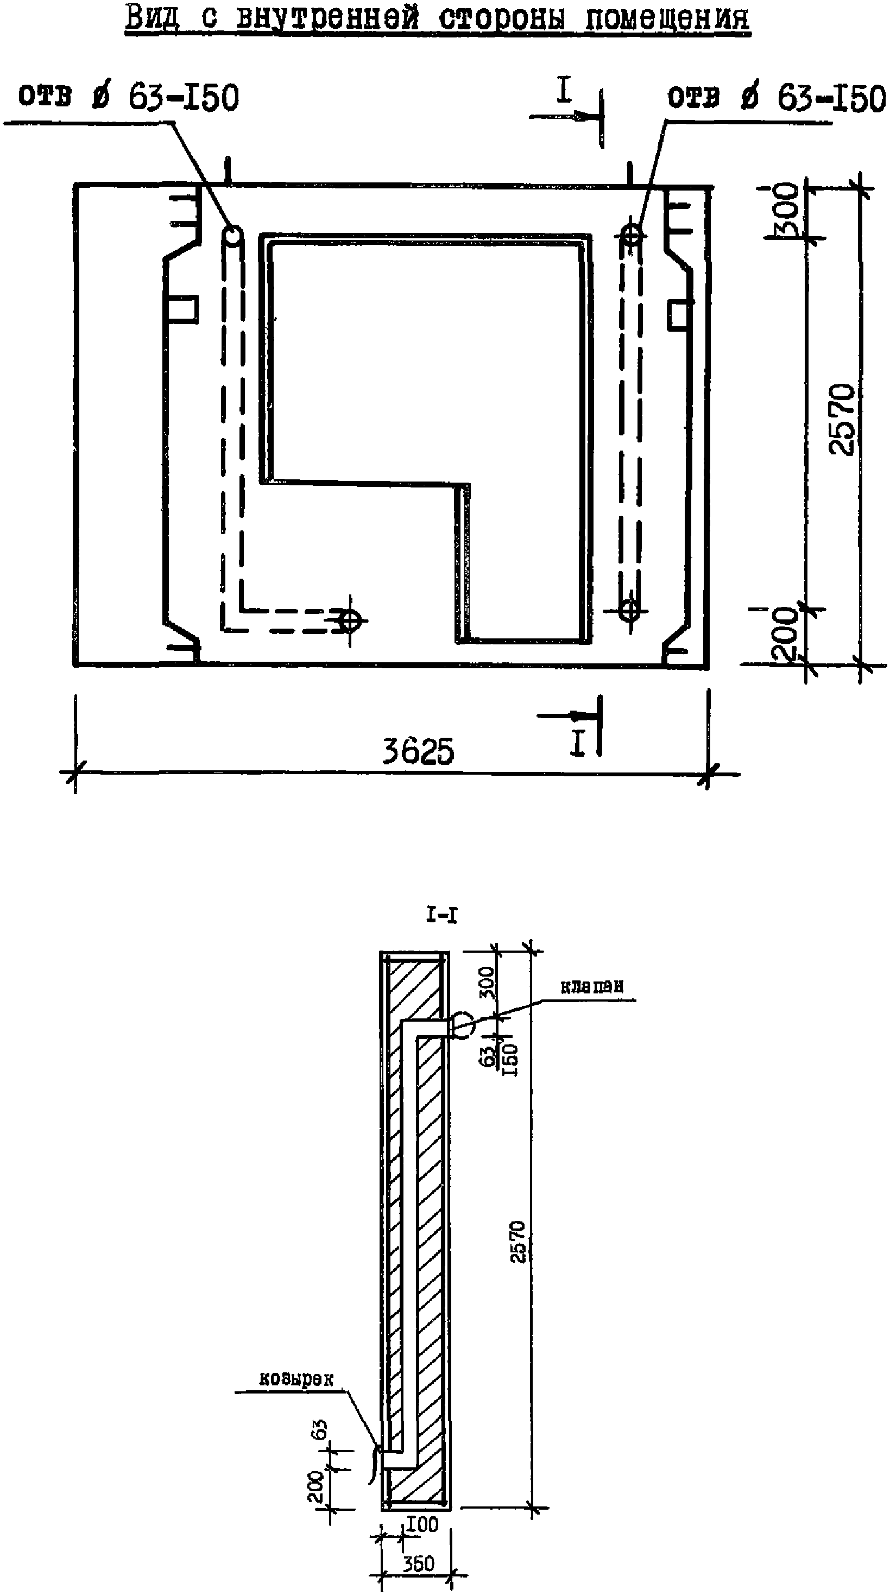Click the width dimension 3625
point(418,751)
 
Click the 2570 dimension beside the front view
point(843,420)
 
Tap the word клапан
point(591,987)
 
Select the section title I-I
point(442,916)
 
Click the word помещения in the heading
point(667,18)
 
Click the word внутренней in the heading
point(329,18)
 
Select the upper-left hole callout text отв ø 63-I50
point(129,97)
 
